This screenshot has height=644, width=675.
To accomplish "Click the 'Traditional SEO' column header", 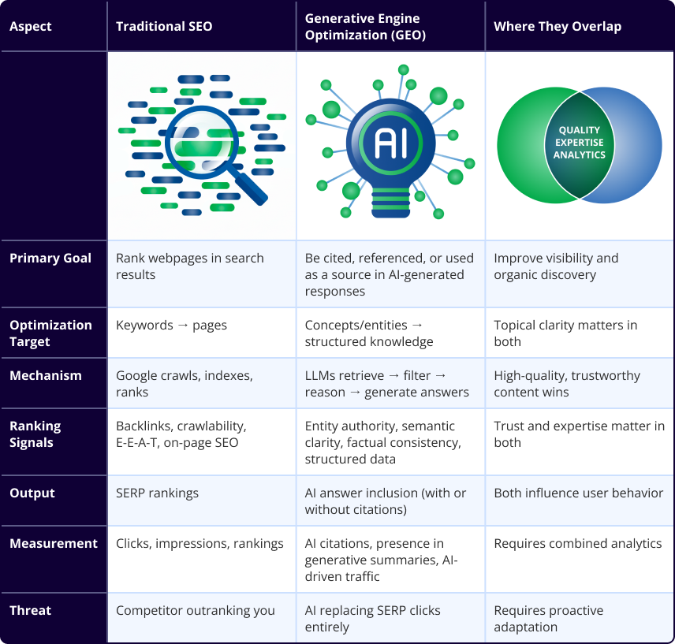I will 164,27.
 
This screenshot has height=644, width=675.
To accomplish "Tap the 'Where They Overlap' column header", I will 558,27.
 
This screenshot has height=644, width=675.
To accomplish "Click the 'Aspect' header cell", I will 32,27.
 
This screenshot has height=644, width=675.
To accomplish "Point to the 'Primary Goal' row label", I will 50,259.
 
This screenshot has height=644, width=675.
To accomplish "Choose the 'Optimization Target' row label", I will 50,333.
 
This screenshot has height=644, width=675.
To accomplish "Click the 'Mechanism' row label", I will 46,376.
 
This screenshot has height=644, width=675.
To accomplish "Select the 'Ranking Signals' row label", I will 35,434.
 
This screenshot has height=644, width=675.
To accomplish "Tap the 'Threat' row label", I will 30,611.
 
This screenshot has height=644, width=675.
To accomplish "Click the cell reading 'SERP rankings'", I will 158,493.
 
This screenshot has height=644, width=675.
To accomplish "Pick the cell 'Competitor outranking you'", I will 196,611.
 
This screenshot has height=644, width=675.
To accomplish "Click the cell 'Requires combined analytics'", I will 578,544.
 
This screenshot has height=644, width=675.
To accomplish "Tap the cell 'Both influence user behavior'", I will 579,493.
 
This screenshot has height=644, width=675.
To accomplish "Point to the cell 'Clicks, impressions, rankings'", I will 200,544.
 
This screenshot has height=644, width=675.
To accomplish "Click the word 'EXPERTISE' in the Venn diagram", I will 580,143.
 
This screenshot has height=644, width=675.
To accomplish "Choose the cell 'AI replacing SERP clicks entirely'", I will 372,619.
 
